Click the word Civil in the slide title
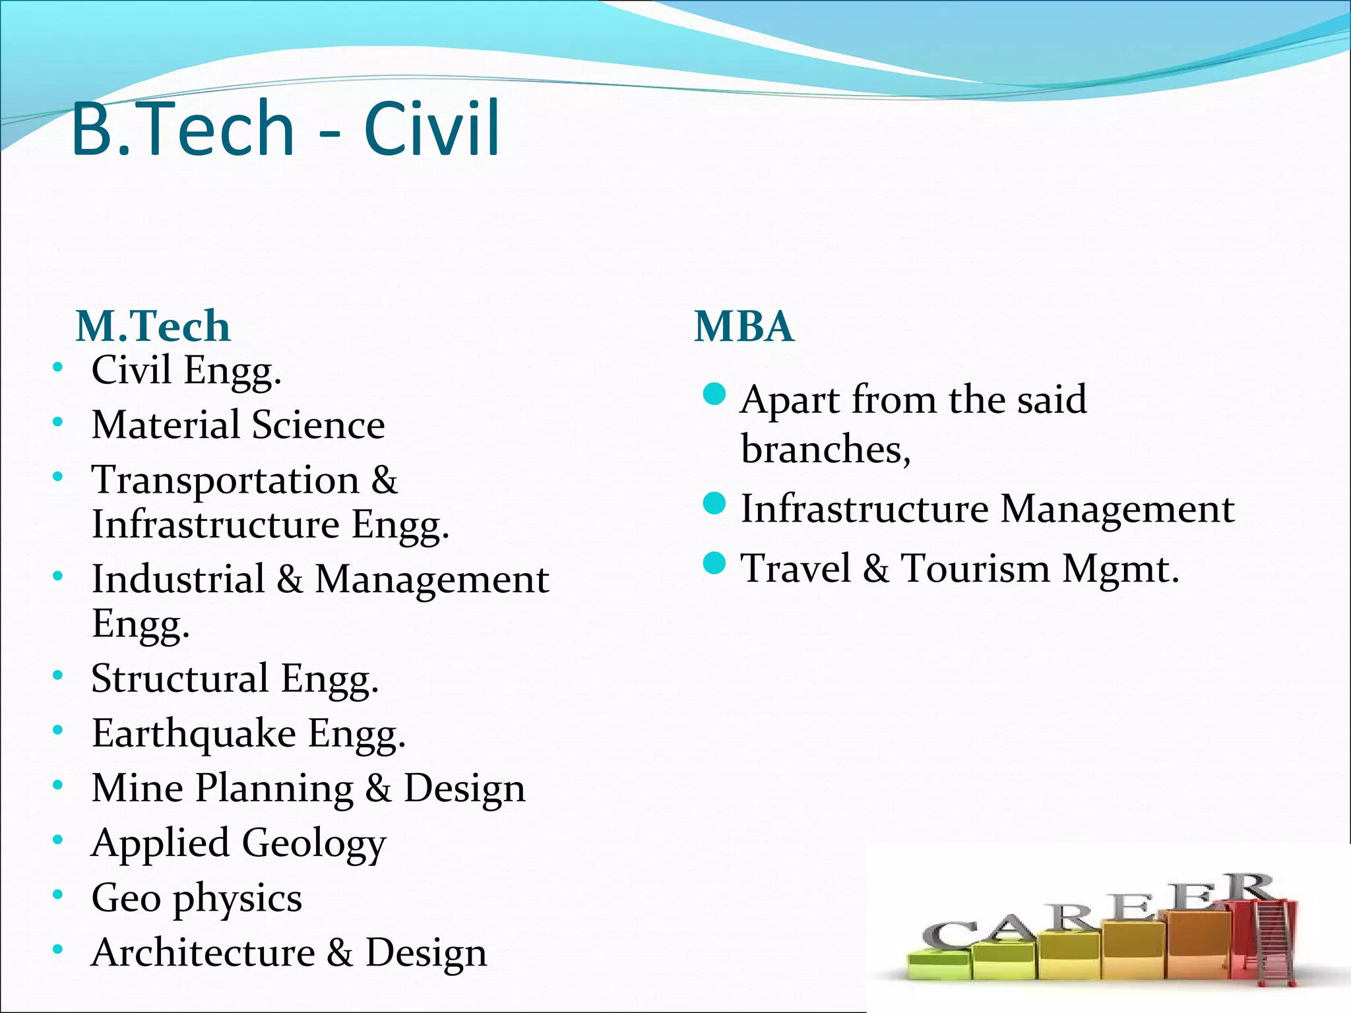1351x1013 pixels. tap(432, 129)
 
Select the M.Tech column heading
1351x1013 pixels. tap(153, 326)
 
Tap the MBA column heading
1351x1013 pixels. tap(744, 326)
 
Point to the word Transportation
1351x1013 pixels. tap(225, 479)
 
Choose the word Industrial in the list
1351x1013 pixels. tap(178, 579)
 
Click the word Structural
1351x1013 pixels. tap(180, 678)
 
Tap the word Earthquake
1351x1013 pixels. tap(194, 734)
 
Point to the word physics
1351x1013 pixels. tap(237, 899)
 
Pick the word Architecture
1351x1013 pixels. tap(203, 953)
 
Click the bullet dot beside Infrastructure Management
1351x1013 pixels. tap(714, 504)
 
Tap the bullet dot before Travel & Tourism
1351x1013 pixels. tap(714, 563)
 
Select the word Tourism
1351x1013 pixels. tap(976, 568)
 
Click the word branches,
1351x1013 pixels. tap(825, 450)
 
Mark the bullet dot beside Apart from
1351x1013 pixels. tap(714, 394)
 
